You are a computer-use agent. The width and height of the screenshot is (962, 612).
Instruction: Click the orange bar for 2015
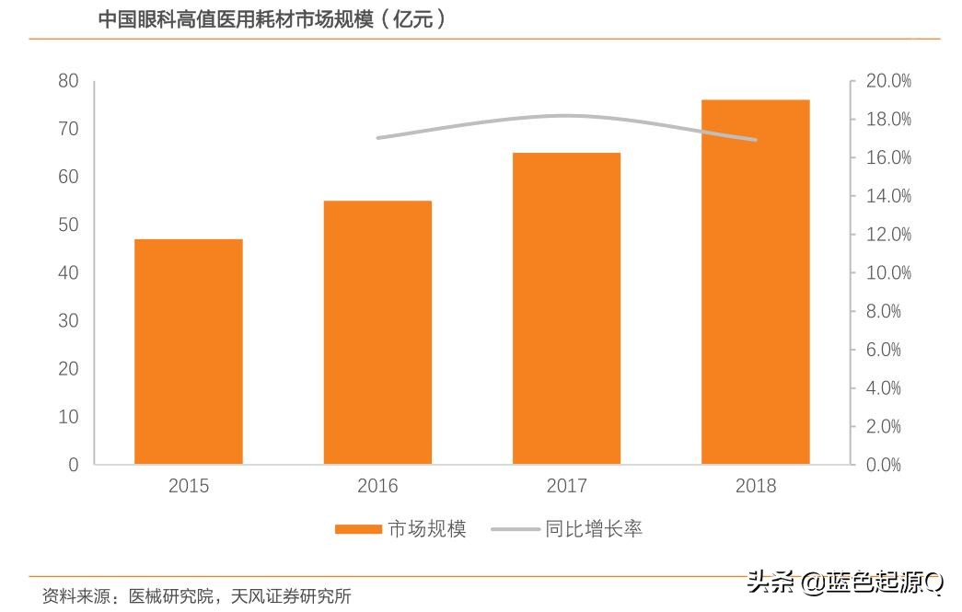point(189,352)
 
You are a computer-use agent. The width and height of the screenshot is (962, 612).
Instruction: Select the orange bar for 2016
point(377,332)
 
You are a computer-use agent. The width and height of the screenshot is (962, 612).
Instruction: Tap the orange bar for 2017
point(566,308)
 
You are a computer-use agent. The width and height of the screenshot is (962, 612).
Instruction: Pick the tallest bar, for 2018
point(755,282)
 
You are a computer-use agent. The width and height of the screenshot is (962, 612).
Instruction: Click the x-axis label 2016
point(377,486)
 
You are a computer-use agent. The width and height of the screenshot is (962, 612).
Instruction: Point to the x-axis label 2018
point(756,486)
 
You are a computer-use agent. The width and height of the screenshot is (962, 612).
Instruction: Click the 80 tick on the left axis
point(68,81)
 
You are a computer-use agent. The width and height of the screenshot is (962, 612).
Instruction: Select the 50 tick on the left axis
point(68,225)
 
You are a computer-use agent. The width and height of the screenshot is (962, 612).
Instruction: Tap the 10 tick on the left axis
point(68,417)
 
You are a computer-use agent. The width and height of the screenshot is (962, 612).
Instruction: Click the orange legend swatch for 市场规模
point(357,529)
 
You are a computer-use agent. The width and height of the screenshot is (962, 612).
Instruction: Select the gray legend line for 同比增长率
point(516,529)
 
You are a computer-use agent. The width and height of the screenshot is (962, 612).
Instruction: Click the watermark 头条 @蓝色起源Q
point(845,582)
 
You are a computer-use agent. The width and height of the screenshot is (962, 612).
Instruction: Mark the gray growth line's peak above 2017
point(563,115)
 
